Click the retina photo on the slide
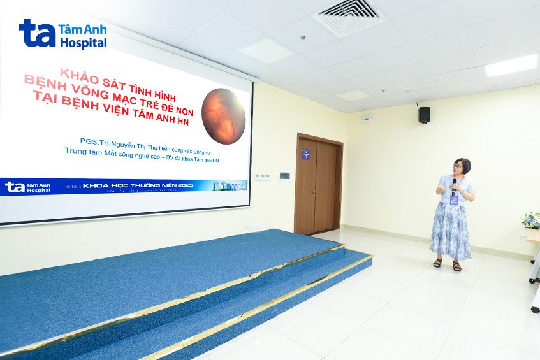click(x=223, y=116)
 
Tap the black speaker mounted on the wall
click(x=424, y=115)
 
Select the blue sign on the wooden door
click(x=305, y=154)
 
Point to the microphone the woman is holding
click(x=454, y=185)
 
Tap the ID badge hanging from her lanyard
click(x=454, y=199)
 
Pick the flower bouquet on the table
click(x=531, y=220)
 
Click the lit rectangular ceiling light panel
click(x=511, y=65)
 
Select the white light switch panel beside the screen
click(x=262, y=176)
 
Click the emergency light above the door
click(x=366, y=117)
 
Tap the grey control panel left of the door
click(x=284, y=175)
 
